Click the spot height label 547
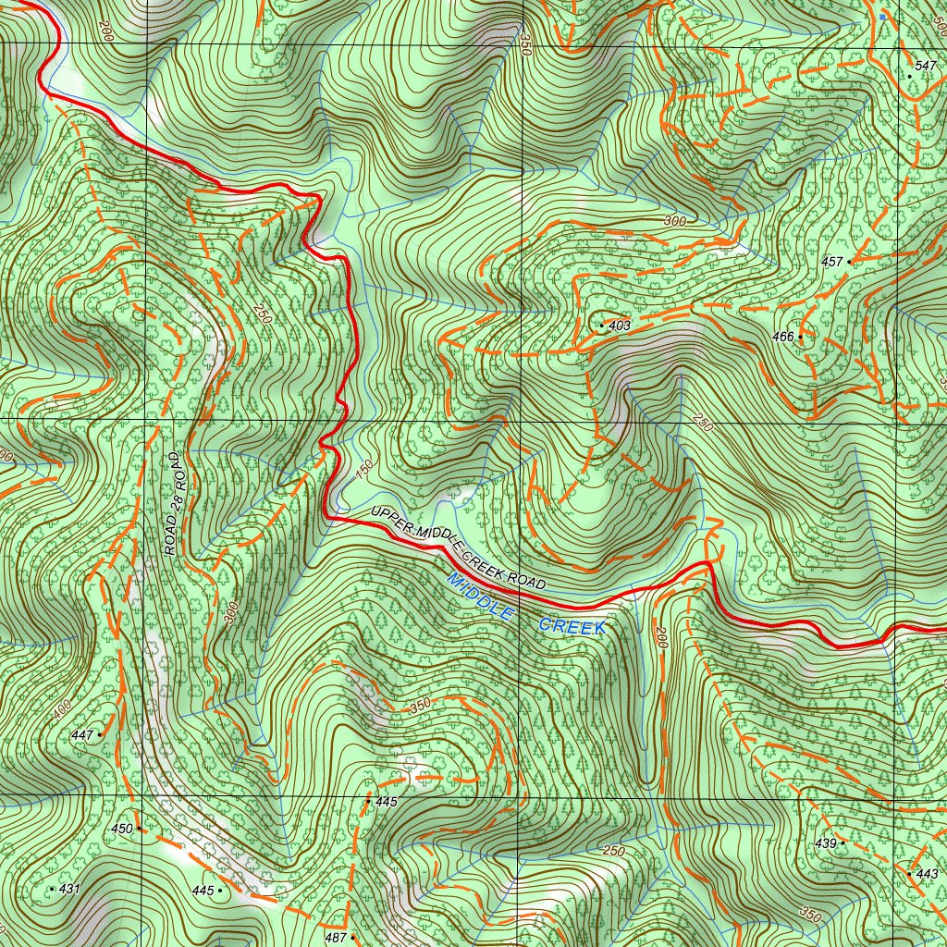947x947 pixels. (x=924, y=66)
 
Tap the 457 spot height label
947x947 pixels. (x=832, y=263)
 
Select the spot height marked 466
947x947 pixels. (x=783, y=338)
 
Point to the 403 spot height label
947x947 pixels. (x=620, y=326)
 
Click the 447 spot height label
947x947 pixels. (x=82, y=735)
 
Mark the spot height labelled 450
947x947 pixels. (x=122, y=830)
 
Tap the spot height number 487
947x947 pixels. (x=337, y=938)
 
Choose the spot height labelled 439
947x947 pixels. (x=825, y=843)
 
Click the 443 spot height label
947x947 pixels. (x=928, y=874)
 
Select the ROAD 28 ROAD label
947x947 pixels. (x=176, y=504)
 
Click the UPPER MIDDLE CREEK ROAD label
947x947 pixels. (x=459, y=549)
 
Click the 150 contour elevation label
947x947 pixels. (x=363, y=470)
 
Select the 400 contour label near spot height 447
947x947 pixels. (x=61, y=709)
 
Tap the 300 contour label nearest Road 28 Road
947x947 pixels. (x=231, y=613)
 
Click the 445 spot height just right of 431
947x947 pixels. (x=203, y=891)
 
